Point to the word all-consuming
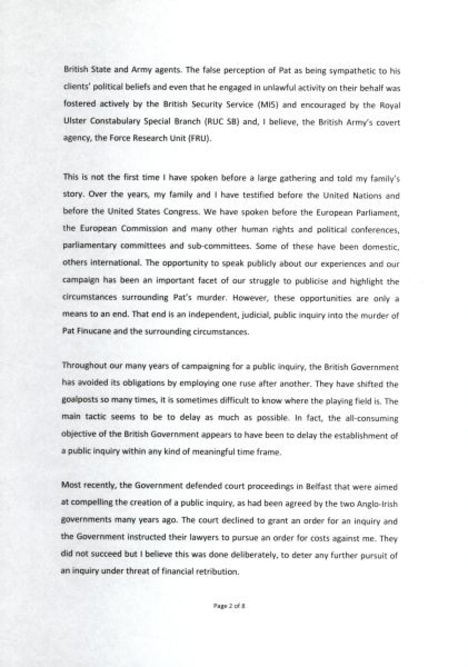[372, 419]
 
